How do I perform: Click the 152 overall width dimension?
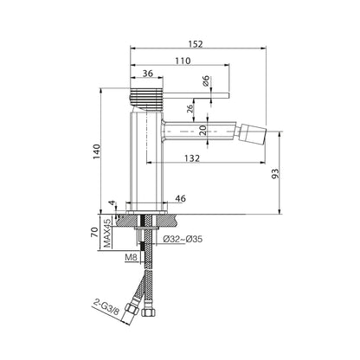point(196,44)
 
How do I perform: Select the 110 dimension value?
point(183,61)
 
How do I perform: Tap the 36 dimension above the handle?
point(148,74)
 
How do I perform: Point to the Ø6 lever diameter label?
point(206,80)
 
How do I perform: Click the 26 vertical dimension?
point(190,109)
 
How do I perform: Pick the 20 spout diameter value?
point(202,131)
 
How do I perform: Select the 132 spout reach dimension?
point(192,157)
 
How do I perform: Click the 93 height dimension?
point(276,173)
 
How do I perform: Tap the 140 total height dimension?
point(97,151)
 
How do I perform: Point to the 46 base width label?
point(181,198)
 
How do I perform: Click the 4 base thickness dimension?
point(112,203)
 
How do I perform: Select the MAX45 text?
point(107,233)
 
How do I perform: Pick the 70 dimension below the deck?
point(94,232)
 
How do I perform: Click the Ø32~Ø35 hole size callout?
point(183,239)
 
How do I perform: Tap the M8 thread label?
point(131,257)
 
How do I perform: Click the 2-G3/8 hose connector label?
point(106,306)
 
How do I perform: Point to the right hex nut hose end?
point(150,312)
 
